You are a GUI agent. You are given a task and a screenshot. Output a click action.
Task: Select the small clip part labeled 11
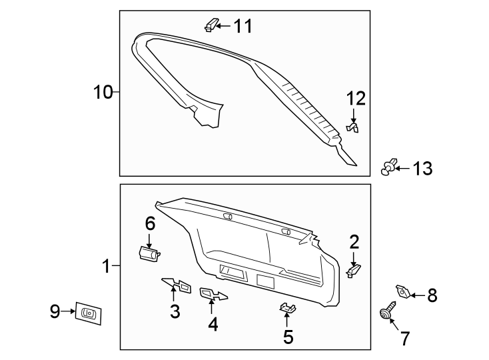(211, 25)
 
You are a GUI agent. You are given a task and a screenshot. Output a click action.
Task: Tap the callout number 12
(356, 99)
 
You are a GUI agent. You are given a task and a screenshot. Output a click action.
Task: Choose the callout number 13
(421, 169)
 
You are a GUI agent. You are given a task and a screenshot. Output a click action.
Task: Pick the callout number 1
(105, 267)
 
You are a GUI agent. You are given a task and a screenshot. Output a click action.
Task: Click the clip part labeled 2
(354, 270)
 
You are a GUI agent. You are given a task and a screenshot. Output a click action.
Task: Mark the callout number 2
(354, 242)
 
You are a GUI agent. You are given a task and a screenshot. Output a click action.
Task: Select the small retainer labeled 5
(287, 309)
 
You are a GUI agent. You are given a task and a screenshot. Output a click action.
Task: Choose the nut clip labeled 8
(402, 291)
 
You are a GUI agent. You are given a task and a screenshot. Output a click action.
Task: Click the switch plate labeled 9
(89, 313)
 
